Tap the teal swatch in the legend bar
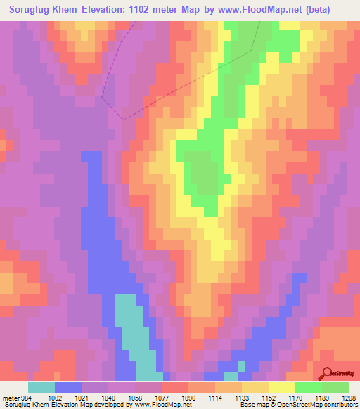coord(41,387)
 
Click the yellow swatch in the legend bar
coord(281,387)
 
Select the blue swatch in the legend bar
coord(68,387)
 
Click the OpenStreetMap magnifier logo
coord(328,372)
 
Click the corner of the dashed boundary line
coord(124,119)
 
